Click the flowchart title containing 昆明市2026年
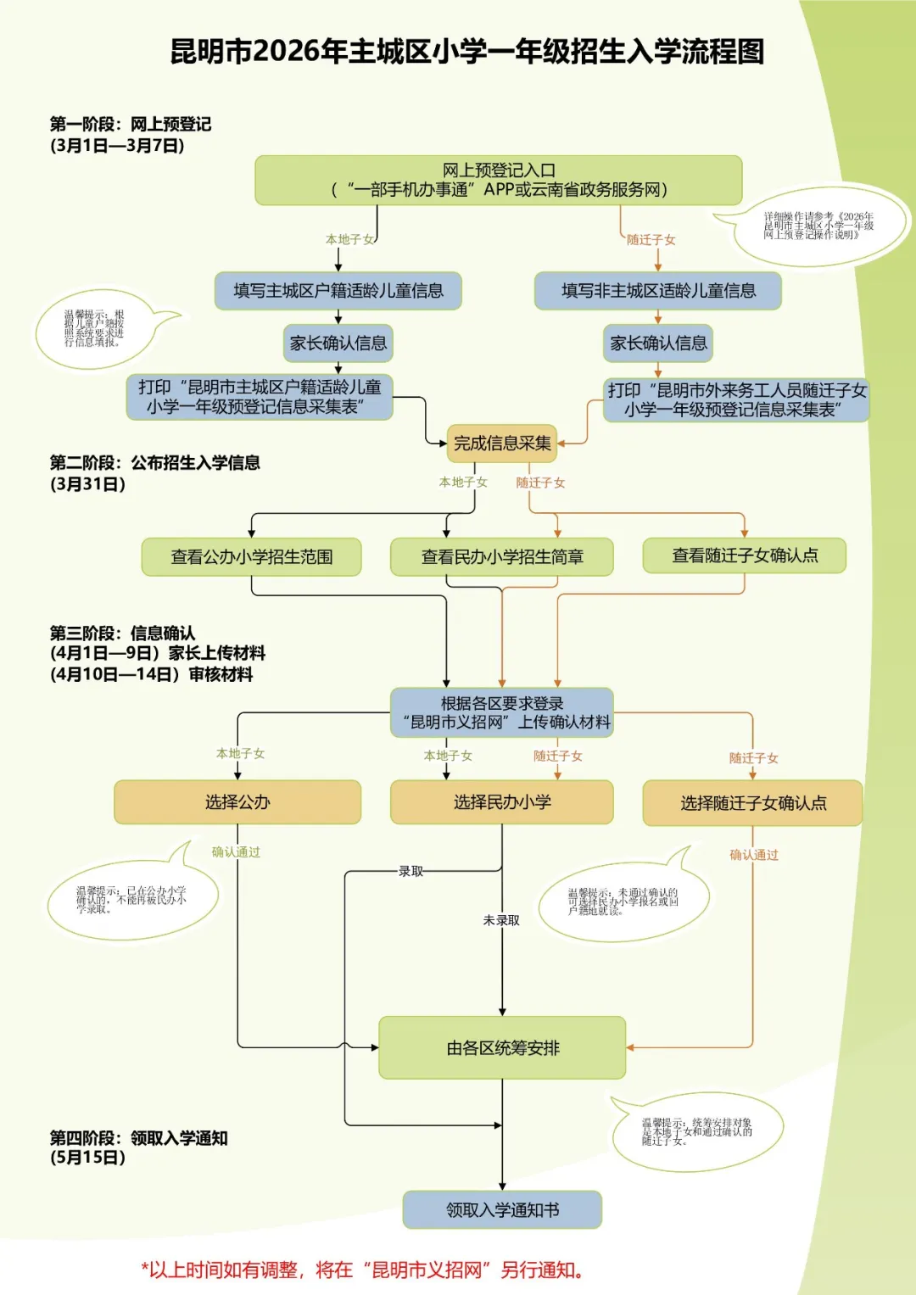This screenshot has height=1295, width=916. pyautogui.click(x=467, y=52)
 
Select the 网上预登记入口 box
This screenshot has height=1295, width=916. pyautogui.click(x=499, y=180)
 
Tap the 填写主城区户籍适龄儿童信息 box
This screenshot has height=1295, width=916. pyautogui.click(x=338, y=291)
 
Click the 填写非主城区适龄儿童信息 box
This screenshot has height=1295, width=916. pyautogui.click(x=657, y=291)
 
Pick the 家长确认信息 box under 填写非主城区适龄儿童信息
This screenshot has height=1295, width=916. pyautogui.click(x=658, y=343)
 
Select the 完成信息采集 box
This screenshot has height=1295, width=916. pyautogui.click(x=502, y=443)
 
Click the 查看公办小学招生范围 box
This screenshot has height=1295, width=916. pyautogui.click(x=251, y=556)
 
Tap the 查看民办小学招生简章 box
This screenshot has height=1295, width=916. pyautogui.click(x=502, y=556)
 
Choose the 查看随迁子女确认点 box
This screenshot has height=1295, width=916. pyautogui.click(x=745, y=555)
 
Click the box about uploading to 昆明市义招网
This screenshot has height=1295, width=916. pyautogui.click(x=502, y=712)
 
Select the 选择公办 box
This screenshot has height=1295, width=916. pyautogui.click(x=237, y=802)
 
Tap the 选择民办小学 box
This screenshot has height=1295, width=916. pyautogui.click(x=502, y=802)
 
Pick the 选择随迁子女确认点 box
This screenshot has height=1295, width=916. pyautogui.click(x=752, y=803)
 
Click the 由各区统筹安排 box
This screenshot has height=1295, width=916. pyautogui.click(x=502, y=1048)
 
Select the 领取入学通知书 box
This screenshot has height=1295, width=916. pyautogui.click(x=502, y=1210)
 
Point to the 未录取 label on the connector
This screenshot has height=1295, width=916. pyautogui.click(x=501, y=920)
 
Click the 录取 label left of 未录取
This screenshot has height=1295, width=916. pyautogui.click(x=411, y=871)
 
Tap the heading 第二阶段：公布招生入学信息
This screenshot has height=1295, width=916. pyautogui.click(x=154, y=463)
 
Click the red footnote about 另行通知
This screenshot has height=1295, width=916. pyautogui.click(x=362, y=1270)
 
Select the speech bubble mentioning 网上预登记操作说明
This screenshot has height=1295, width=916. pyautogui.click(x=818, y=226)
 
